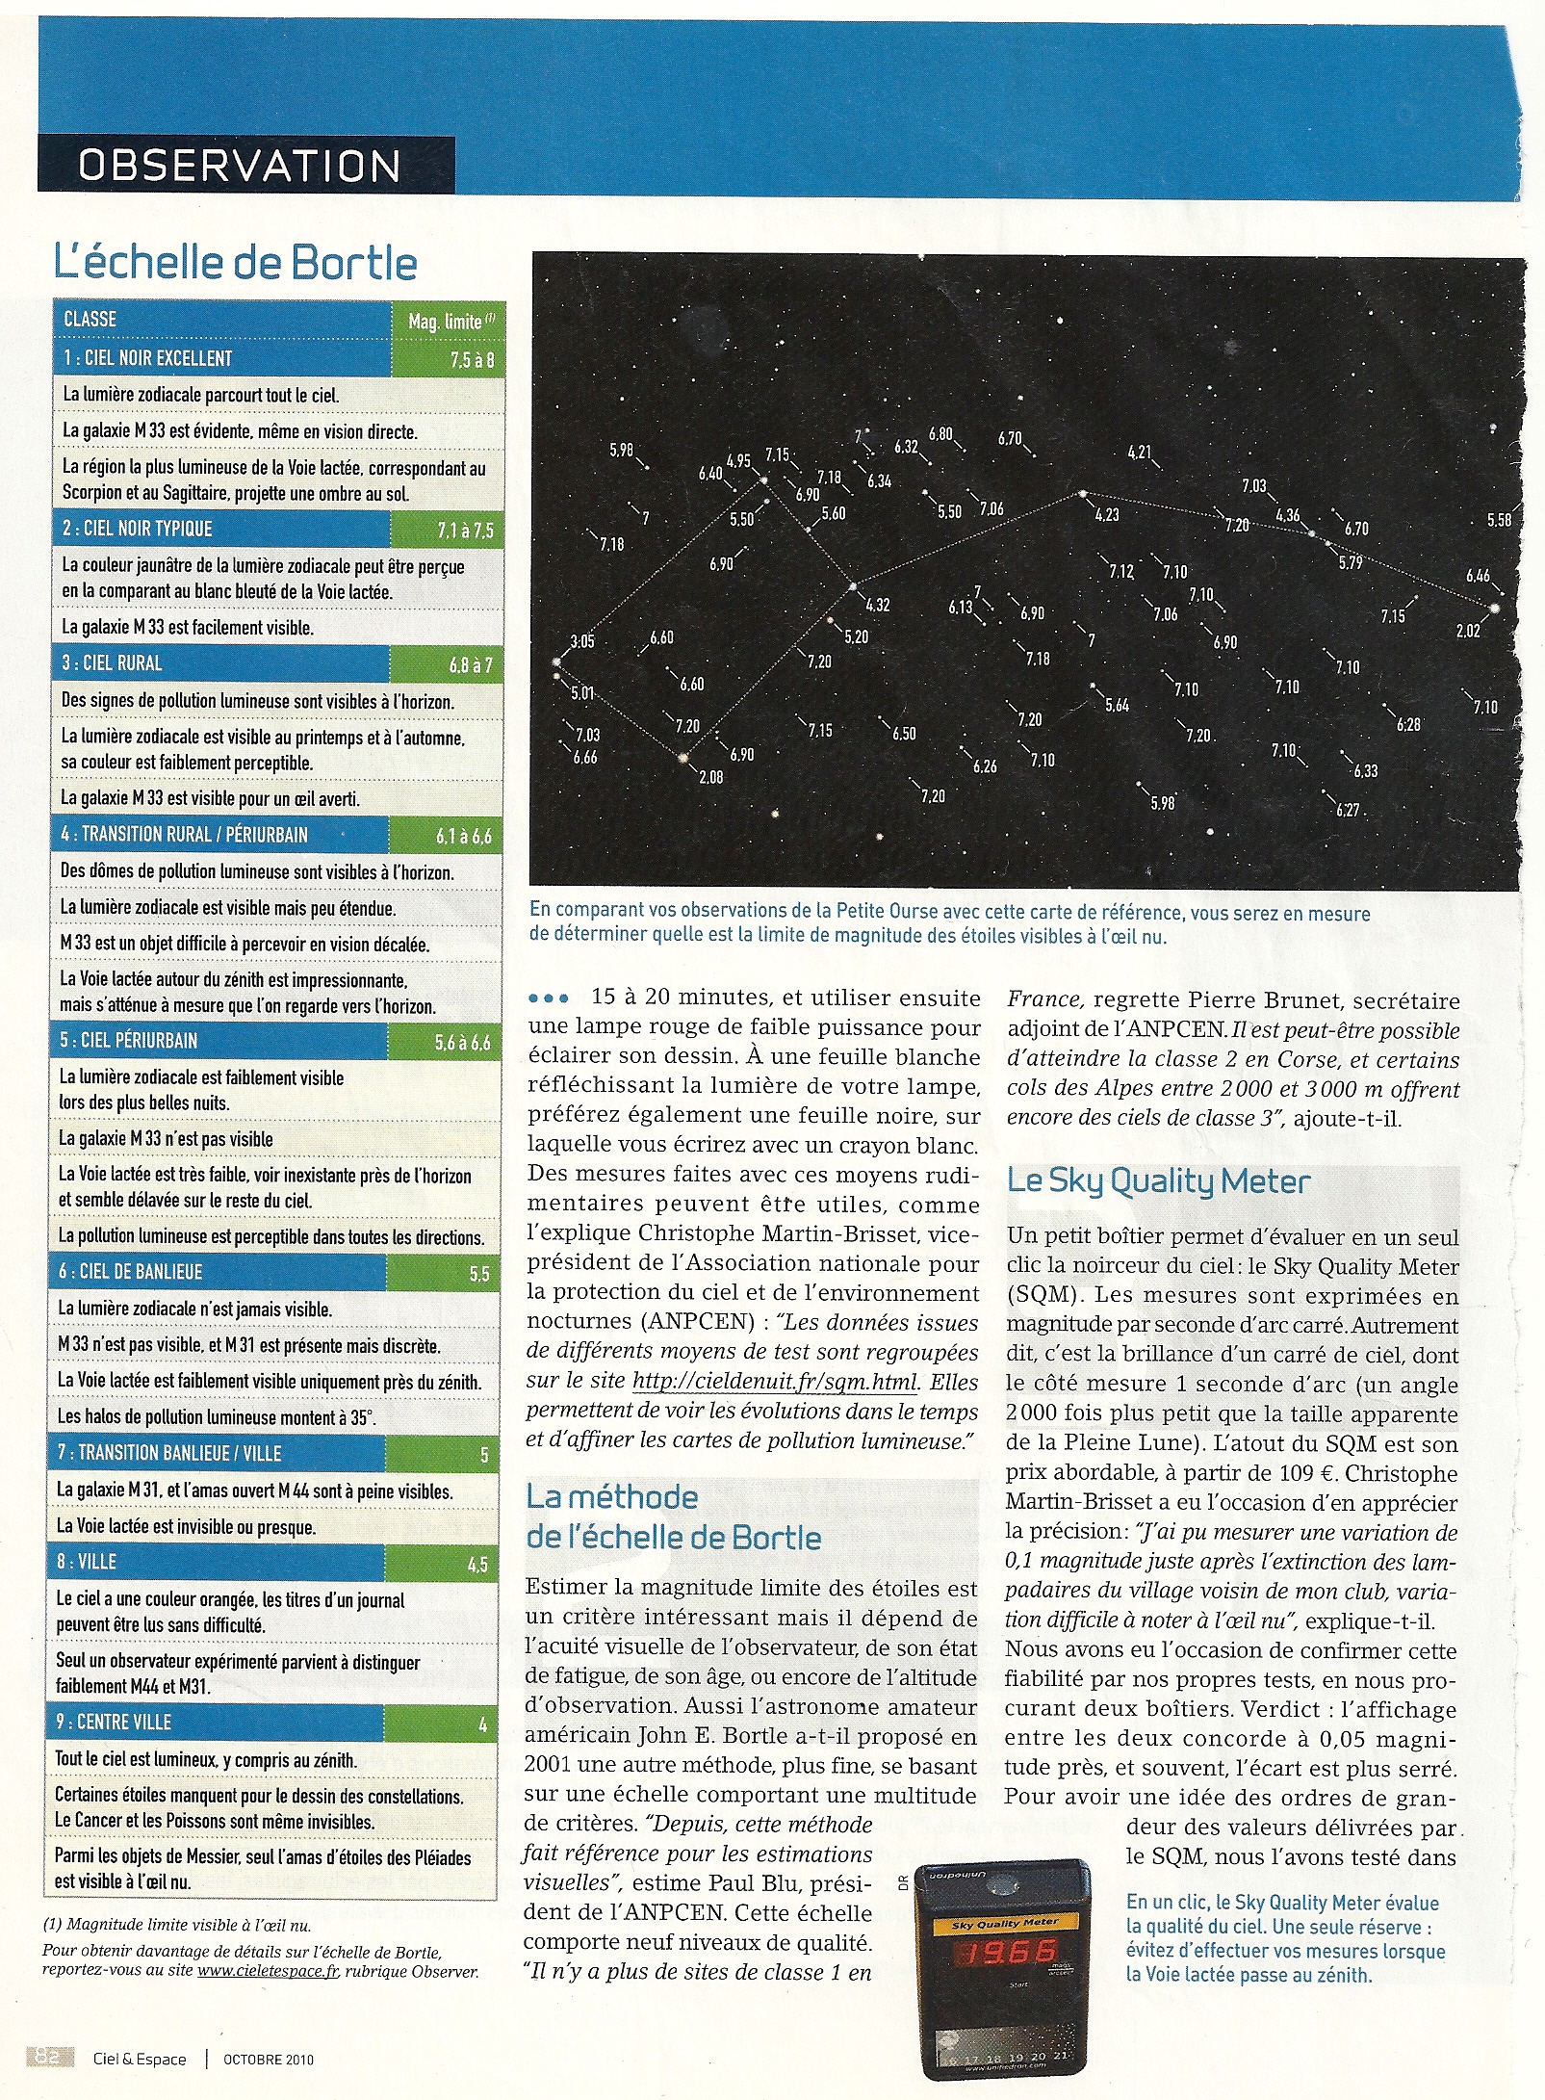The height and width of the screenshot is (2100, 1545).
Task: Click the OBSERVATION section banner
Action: pyautogui.click(x=240, y=166)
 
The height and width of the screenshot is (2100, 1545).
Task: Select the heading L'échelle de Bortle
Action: pyautogui.click(x=236, y=264)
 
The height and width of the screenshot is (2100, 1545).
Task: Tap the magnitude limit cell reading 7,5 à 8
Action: pyautogui.click(x=472, y=360)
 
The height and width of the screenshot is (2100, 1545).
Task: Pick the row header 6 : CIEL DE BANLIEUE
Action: pyautogui.click(x=131, y=1272)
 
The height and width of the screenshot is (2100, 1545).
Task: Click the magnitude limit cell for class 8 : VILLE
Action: pyautogui.click(x=477, y=1565)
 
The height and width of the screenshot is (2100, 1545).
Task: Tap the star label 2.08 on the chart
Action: pyautogui.click(x=711, y=777)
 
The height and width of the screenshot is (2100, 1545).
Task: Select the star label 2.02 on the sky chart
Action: pyautogui.click(x=1468, y=632)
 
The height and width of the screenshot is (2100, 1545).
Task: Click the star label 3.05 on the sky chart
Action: pyautogui.click(x=581, y=641)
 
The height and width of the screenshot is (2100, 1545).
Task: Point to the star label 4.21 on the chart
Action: pyautogui.click(x=1139, y=453)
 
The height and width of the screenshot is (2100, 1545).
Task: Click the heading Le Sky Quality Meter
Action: pyautogui.click(x=1159, y=1181)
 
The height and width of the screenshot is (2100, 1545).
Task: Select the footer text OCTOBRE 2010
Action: pyautogui.click(x=269, y=2060)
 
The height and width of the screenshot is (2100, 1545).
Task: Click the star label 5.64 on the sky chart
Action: pyautogui.click(x=1117, y=706)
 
